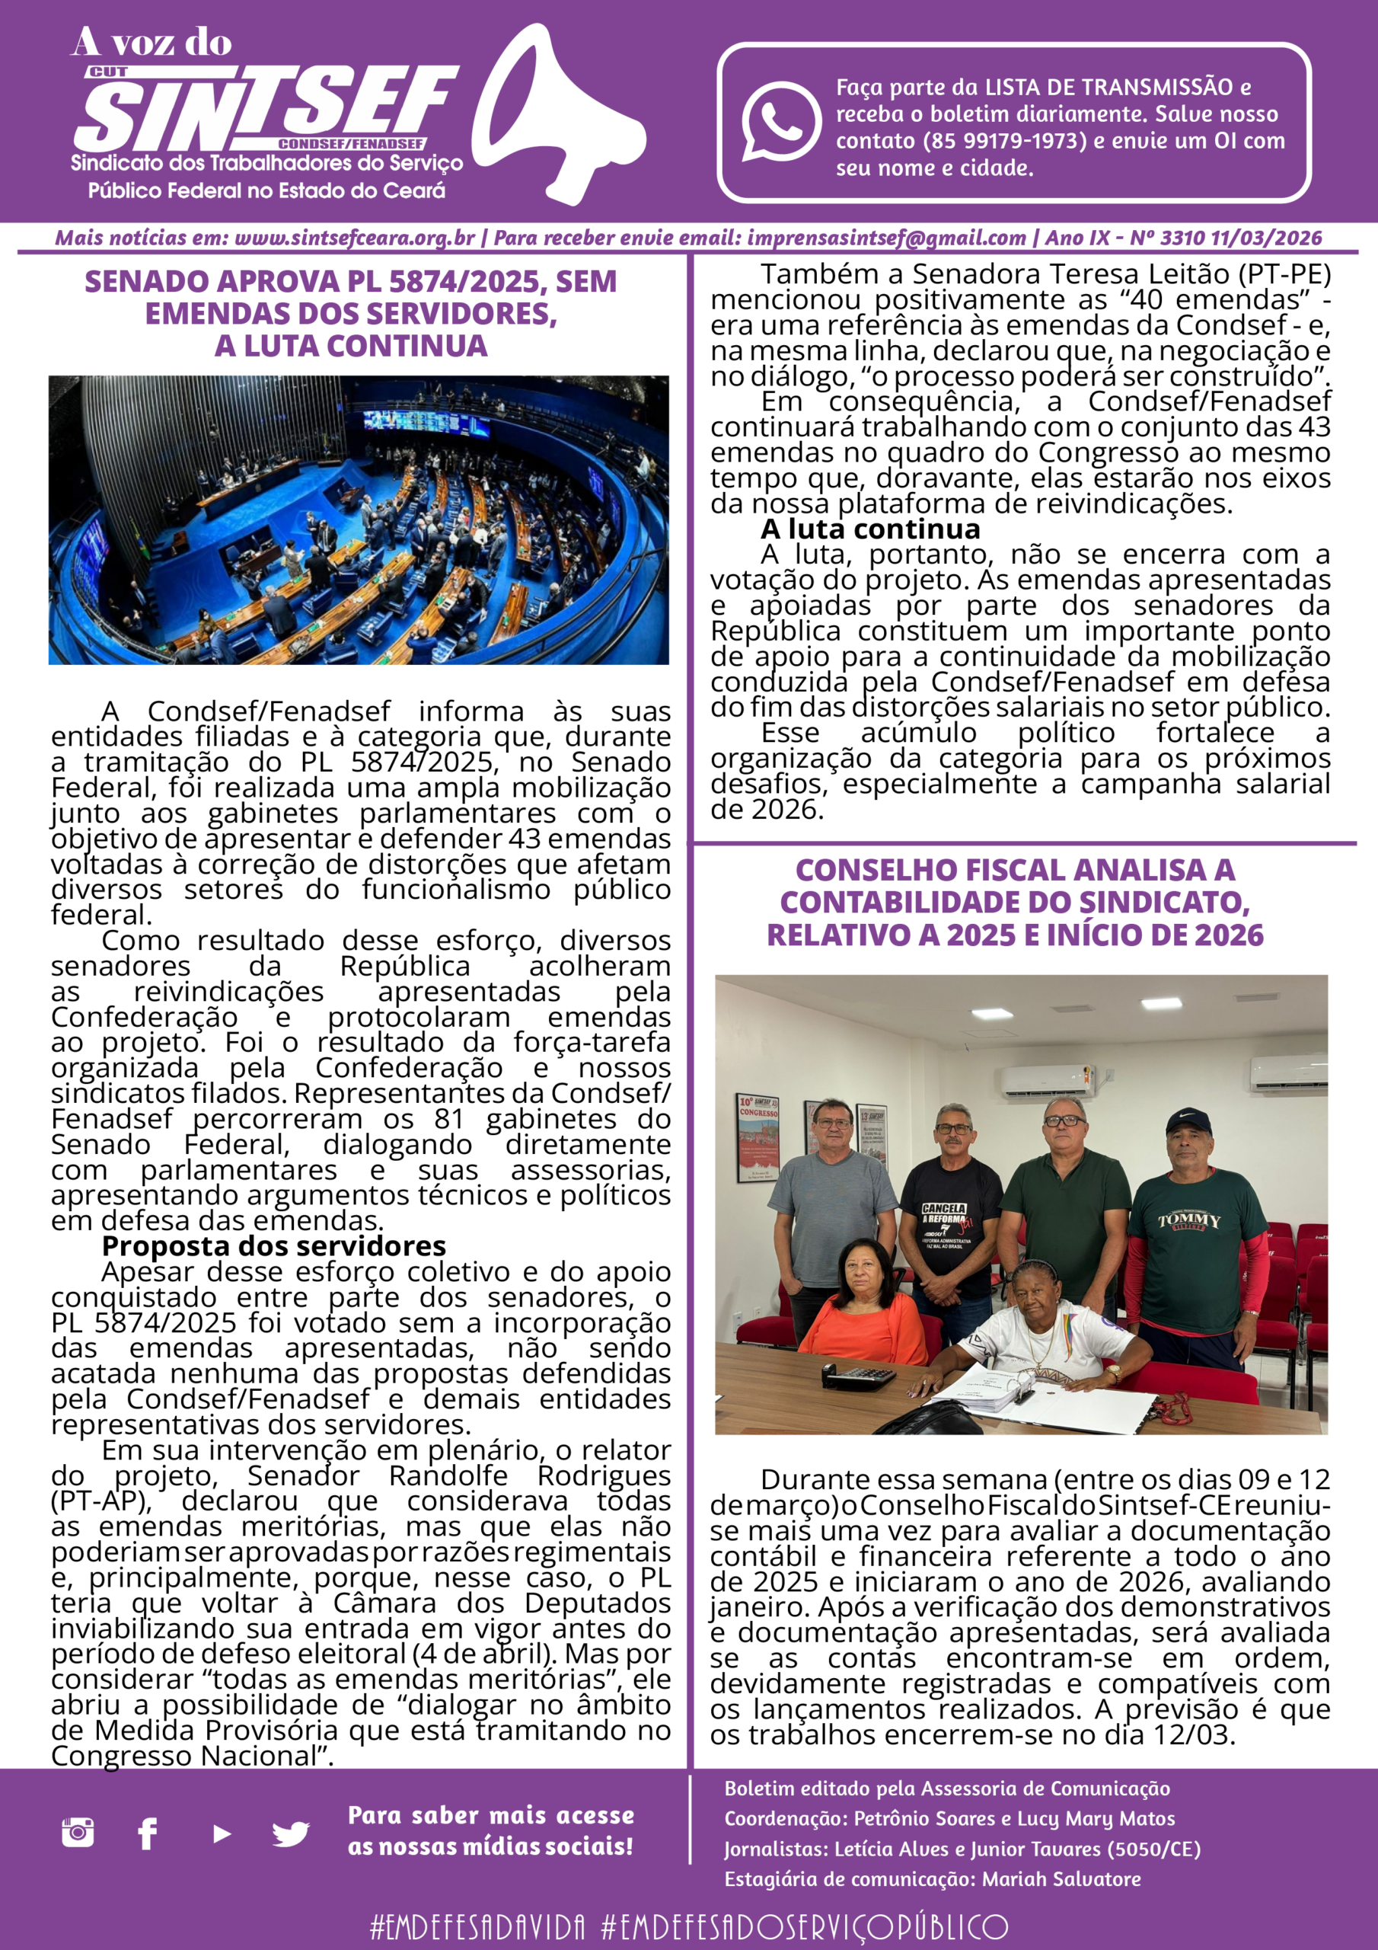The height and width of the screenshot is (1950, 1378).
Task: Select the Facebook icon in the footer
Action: point(148,1833)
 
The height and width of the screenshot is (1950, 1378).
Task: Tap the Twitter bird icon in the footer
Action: point(290,1833)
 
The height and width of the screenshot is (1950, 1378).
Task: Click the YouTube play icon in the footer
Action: point(222,1833)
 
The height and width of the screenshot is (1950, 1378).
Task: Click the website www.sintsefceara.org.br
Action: point(355,238)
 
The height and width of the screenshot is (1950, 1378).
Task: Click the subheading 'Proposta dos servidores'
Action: point(273,1246)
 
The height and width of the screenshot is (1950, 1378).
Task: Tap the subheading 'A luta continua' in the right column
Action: point(870,529)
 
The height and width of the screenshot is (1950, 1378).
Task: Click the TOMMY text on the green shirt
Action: point(1189,1221)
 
